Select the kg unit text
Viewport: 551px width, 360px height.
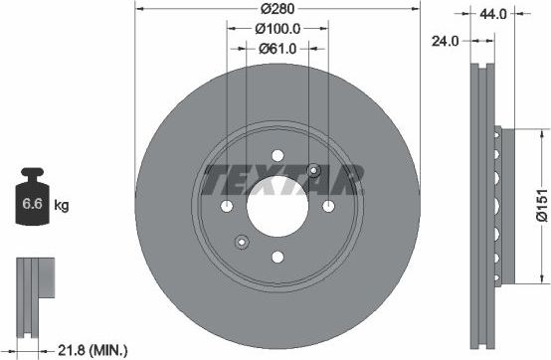tap(61, 206)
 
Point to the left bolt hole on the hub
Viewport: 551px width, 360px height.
tap(227, 206)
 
